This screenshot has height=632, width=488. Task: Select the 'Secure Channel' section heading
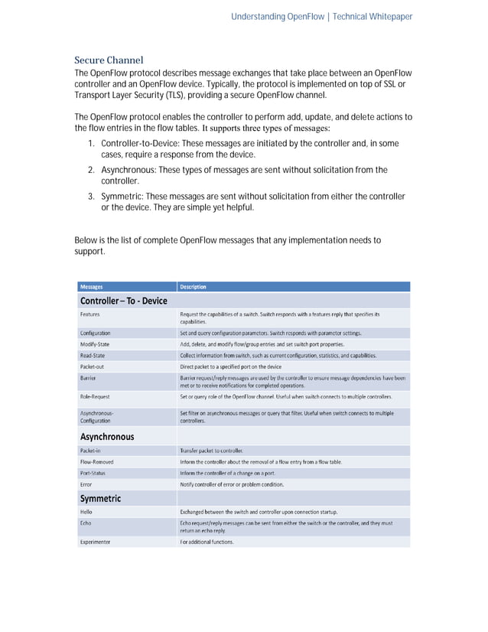(109, 60)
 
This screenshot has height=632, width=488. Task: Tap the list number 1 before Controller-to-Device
(91, 144)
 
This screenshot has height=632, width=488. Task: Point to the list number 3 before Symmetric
(91, 197)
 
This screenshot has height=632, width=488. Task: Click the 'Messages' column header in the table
(92, 287)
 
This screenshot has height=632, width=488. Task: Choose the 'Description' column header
(193, 287)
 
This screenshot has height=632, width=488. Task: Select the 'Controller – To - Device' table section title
(123, 301)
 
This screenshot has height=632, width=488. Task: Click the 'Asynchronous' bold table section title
(107, 436)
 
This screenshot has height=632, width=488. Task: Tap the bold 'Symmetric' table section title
(101, 498)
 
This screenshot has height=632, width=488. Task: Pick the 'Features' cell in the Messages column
(90, 314)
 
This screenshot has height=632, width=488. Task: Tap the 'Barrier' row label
(88, 378)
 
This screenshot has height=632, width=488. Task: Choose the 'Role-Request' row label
(95, 397)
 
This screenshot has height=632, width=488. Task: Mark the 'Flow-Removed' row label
(97, 462)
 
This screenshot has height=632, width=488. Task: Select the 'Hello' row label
(87, 511)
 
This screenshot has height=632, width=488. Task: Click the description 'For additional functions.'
(207, 542)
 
